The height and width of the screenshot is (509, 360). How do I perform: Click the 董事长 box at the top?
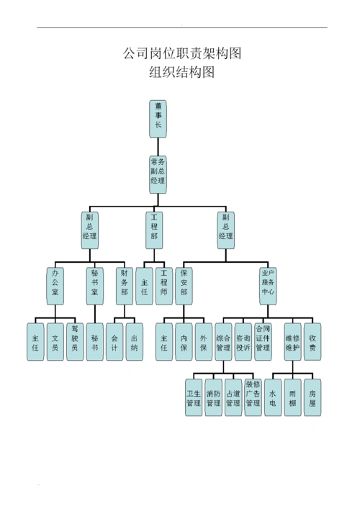pyautogui.click(x=158, y=118)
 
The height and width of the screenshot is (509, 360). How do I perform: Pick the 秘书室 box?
pyautogui.click(x=95, y=285)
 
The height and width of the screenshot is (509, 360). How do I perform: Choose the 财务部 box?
pyautogui.click(x=125, y=285)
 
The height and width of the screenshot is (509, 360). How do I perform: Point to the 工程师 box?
pyautogui.click(x=164, y=285)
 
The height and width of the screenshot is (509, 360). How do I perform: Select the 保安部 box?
pyautogui.click(x=184, y=285)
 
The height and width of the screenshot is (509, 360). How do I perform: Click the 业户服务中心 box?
pyautogui.click(x=268, y=285)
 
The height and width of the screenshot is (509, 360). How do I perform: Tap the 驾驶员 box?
pyautogui.click(x=75, y=342)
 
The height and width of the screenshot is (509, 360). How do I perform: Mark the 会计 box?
pyautogui.click(x=114, y=342)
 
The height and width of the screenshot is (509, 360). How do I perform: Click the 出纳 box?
pyautogui.click(x=135, y=342)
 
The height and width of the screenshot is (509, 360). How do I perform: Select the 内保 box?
pyautogui.click(x=184, y=342)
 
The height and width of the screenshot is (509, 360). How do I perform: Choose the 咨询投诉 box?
pyautogui.click(x=243, y=342)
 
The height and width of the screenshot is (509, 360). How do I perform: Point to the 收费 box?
pyautogui.click(x=312, y=342)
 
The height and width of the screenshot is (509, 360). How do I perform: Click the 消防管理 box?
pyautogui.click(x=214, y=398)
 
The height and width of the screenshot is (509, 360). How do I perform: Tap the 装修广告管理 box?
pyautogui.click(x=253, y=398)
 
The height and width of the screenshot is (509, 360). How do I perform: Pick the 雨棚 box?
pyautogui.click(x=292, y=398)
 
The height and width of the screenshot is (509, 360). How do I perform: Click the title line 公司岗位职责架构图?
pyautogui.click(x=181, y=53)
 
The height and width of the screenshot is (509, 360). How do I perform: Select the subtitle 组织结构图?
pyautogui.click(x=181, y=72)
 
